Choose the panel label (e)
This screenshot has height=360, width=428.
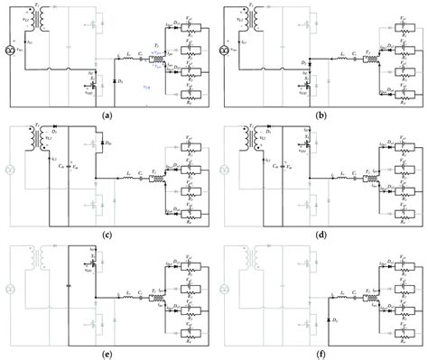[107, 354]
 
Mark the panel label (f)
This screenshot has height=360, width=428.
[321, 354]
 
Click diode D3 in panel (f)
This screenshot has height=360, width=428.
[330, 323]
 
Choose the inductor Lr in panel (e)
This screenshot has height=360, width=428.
[126, 298]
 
